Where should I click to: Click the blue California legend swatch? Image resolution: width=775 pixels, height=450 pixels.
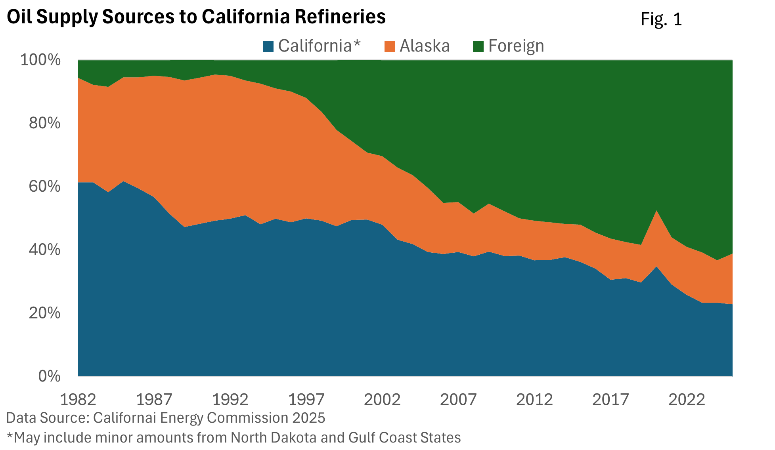pos(268,47)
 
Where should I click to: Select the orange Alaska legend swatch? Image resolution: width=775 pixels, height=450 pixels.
pos(390,47)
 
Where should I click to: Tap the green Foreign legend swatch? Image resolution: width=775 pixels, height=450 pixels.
pos(478,47)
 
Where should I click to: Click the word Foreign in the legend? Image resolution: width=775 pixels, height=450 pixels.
pos(516,46)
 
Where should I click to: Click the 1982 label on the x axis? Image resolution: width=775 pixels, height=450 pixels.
pos(78,399)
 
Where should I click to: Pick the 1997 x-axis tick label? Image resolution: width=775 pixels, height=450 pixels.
pos(306,399)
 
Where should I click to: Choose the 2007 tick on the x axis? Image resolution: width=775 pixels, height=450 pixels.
pos(458,399)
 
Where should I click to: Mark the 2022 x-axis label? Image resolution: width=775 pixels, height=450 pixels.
pos(687,399)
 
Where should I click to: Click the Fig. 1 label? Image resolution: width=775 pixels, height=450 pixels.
pos(661,19)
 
